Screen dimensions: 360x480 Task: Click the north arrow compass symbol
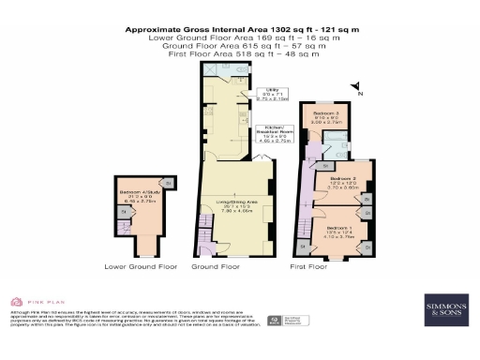pyautogui.click(x=355, y=89)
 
